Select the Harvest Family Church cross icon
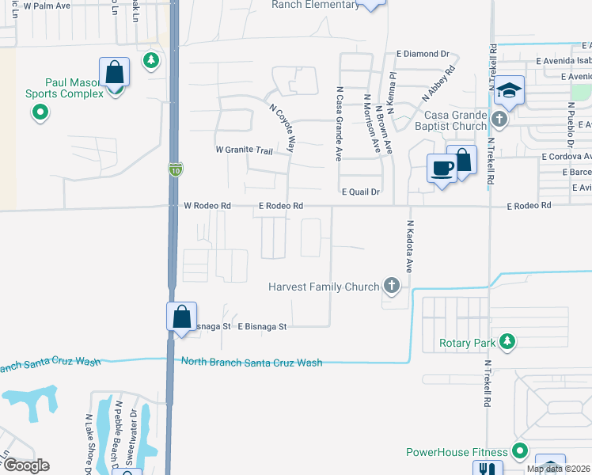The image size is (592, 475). (390, 285)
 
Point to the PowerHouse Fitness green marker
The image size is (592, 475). (519, 452)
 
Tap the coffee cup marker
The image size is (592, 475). (442, 168)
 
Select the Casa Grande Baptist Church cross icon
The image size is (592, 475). (499, 120)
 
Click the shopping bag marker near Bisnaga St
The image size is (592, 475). (181, 317)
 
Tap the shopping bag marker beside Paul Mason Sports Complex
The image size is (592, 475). (114, 73)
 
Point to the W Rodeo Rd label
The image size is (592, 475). (207, 206)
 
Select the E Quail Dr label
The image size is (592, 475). (361, 192)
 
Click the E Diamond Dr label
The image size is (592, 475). (421, 54)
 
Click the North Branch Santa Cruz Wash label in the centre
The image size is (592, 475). (252, 362)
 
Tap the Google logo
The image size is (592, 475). (25, 465)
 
